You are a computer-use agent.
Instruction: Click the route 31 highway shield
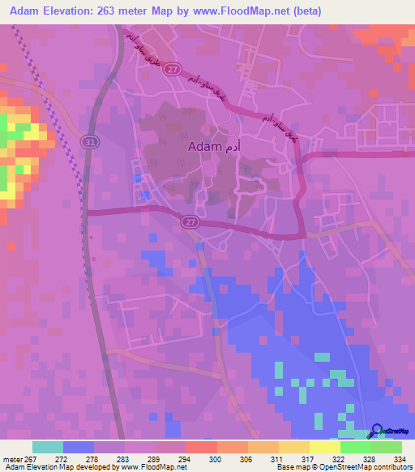88,141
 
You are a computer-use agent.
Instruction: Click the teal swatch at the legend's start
48,447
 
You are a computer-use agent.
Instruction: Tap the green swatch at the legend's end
386,447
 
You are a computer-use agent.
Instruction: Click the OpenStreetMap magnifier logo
375,431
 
